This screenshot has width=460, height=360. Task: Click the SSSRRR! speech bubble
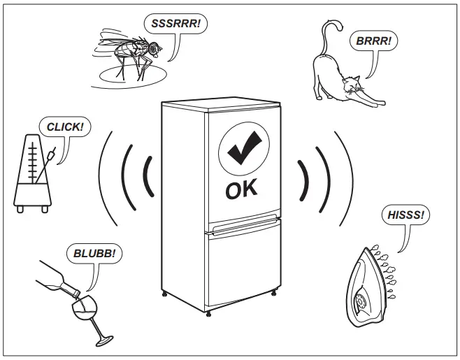pos(175,23)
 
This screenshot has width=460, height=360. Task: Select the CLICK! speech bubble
pos(65,127)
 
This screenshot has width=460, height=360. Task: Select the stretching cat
pos(343,77)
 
